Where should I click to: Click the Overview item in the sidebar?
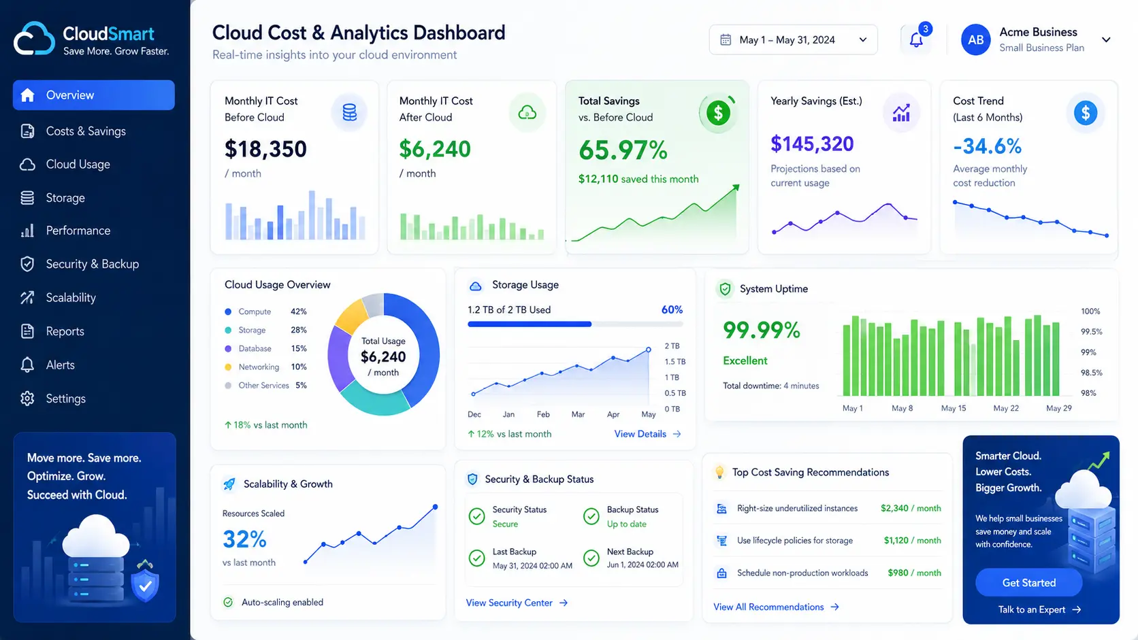pos(93,95)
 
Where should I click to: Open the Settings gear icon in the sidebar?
pos(27,399)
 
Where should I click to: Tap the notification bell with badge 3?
pos(917,39)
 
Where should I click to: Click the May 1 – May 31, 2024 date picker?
pos(793,39)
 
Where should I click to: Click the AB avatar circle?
pos(975,39)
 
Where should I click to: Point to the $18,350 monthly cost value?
pos(265,149)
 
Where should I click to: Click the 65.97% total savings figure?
pos(623,150)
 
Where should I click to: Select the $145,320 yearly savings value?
pos(812,144)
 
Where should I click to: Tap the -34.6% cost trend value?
pos(987,146)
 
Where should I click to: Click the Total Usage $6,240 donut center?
pos(383,356)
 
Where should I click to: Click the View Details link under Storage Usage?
pos(647,434)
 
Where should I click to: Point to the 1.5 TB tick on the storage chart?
pos(674,361)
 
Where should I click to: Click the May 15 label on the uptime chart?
pos(953,408)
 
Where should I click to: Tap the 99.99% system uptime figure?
pos(761,331)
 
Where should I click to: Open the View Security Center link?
pos(517,603)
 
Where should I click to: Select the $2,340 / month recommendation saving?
pos(911,508)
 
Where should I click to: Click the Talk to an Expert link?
pos(1039,609)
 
